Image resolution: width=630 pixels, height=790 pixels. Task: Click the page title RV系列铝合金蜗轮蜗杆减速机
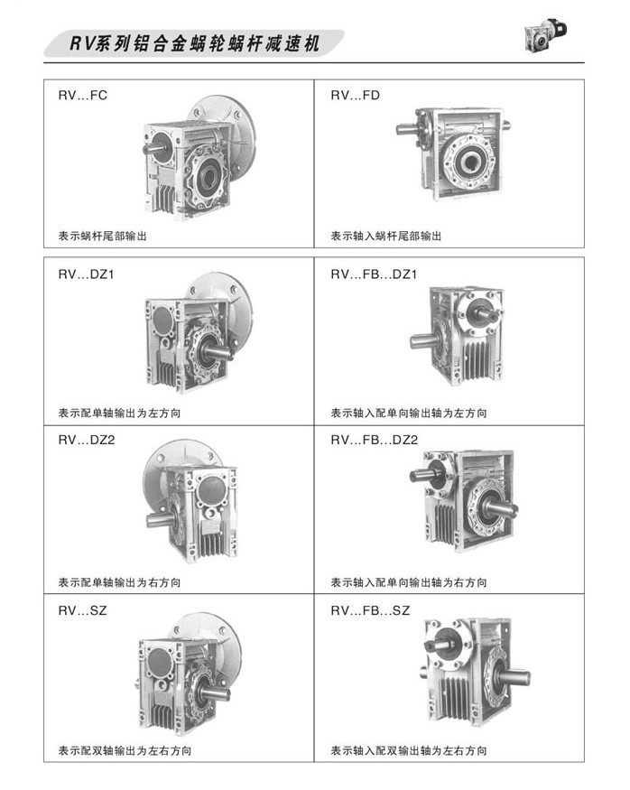click(194, 43)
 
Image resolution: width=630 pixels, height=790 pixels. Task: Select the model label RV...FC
click(83, 95)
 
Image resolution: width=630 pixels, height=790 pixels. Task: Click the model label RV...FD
click(355, 95)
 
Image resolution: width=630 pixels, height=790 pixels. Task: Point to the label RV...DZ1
click(86, 274)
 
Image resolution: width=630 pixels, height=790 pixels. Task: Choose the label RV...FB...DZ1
click(374, 274)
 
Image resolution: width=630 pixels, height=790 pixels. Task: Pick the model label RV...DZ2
click(87, 441)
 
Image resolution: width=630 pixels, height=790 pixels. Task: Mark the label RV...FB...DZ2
click(375, 441)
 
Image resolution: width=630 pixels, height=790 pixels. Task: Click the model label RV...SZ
click(83, 610)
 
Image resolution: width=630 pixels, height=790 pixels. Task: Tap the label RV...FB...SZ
click(370, 610)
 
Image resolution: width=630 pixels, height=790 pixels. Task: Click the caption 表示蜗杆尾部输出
click(103, 236)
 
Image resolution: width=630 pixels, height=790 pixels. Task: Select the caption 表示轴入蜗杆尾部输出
click(385, 236)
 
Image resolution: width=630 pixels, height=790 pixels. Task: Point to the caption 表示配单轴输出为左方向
click(119, 414)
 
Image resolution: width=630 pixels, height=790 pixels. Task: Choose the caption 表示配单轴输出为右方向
click(119, 582)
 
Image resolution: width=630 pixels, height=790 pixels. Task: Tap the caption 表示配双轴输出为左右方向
click(125, 750)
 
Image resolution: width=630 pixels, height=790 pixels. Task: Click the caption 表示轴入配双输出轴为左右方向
click(409, 750)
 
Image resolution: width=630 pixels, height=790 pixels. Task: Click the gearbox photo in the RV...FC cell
click(199, 158)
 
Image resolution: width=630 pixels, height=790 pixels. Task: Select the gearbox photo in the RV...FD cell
click(453, 153)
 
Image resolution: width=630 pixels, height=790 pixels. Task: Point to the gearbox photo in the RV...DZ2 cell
click(191, 501)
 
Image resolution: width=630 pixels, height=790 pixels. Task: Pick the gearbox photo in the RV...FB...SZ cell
click(473, 672)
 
